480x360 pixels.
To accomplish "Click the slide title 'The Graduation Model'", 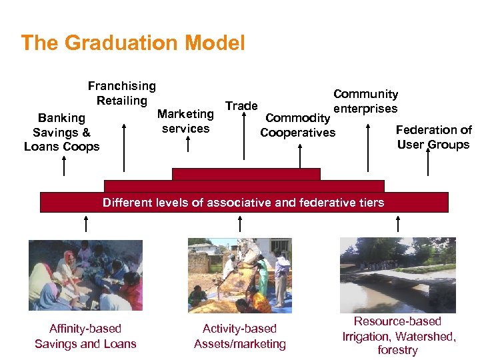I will [x=133, y=43].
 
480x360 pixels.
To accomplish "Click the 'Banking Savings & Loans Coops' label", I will [x=61, y=132].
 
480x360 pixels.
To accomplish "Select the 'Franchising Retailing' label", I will [x=122, y=93].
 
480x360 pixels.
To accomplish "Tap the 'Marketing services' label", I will [x=185, y=121].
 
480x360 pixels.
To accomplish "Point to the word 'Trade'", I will [x=241, y=106].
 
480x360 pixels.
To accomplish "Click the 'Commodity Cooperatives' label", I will [x=297, y=125].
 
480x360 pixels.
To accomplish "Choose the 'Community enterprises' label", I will [x=365, y=101].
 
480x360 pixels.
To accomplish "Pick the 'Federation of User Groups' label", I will [x=433, y=137].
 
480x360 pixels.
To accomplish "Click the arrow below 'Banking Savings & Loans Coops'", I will [x=64, y=165].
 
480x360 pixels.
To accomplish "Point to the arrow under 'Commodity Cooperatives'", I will [x=301, y=156].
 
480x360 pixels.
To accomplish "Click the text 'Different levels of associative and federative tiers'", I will [x=243, y=203].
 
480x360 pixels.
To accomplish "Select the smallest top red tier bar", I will [x=246, y=174].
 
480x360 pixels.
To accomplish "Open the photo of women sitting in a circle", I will [x=85, y=275].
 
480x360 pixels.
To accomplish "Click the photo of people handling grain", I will [x=239, y=275].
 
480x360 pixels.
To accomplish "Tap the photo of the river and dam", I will [x=397, y=275].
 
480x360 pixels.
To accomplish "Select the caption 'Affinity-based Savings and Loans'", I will [x=85, y=337].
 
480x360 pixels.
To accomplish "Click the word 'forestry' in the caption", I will [x=397, y=350].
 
